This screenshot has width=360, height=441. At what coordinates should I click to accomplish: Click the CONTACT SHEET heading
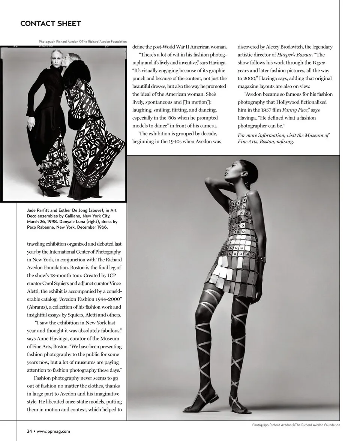51,24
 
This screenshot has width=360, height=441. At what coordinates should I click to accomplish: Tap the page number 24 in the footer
29,431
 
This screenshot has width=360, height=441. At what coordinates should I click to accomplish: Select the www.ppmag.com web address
53,431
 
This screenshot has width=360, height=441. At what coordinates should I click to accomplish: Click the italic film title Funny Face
295,110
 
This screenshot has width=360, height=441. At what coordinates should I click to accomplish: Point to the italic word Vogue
318,63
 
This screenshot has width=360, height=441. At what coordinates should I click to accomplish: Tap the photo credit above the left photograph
82,42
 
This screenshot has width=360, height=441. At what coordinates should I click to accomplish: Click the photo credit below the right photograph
296,425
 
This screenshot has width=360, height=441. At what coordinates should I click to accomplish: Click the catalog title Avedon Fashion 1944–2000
93,299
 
